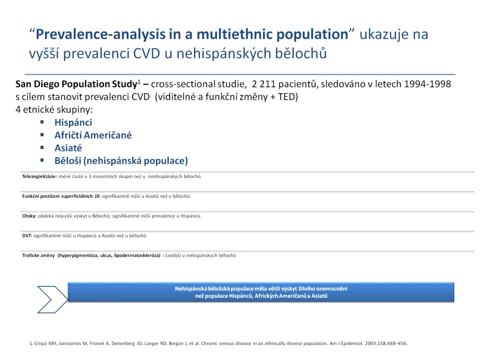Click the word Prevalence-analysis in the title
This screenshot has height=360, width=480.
(x=100, y=34)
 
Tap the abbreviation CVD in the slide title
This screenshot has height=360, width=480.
(x=146, y=53)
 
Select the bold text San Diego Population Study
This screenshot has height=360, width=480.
(x=76, y=84)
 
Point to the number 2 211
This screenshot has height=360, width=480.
(x=263, y=84)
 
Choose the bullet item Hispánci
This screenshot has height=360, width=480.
(x=73, y=122)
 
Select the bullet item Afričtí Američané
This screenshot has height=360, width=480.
(x=93, y=135)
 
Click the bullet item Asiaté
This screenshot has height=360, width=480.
(x=68, y=148)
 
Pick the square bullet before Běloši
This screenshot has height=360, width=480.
(x=42, y=160)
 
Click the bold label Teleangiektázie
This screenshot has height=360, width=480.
(x=39, y=177)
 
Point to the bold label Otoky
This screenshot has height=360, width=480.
(x=29, y=216)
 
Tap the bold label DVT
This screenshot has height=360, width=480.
(x=27, y=236)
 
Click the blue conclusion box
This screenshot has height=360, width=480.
(x=261, y=292)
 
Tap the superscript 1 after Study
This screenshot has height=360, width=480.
(x=139, y=82)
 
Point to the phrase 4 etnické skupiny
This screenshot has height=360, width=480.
(x=54, y=110)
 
